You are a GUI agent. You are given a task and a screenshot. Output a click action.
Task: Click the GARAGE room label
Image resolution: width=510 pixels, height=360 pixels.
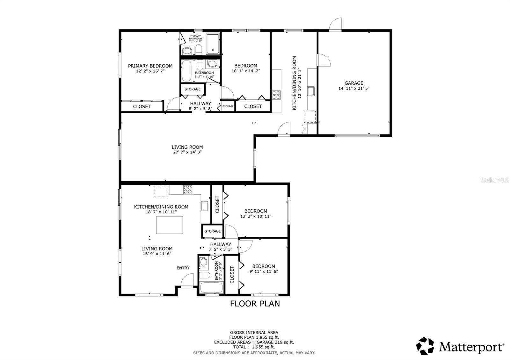click(353, 83)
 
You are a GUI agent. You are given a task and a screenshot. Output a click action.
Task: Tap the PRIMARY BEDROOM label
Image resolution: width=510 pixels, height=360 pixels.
click(150, 66)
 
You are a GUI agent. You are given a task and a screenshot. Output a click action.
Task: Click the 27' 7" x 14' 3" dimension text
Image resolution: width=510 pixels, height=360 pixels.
click(187, 152)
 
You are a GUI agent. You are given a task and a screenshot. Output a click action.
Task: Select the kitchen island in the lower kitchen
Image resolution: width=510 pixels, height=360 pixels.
click(170, 225)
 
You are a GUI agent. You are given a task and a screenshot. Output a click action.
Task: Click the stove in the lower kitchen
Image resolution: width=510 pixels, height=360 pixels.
click(188, 190)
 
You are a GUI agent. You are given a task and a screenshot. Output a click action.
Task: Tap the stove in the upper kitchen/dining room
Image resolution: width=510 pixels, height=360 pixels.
click(276, 95)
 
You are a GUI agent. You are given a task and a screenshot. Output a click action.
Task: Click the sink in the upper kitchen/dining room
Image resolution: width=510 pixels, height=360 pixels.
click(311, 91)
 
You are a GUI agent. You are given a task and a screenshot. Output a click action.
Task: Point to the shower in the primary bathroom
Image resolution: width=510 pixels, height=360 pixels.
click(213, 44)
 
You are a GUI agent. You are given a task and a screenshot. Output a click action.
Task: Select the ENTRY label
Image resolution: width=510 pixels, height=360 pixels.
click(183, 268)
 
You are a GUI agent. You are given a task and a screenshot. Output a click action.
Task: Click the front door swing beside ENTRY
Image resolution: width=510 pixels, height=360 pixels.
click(187, 281)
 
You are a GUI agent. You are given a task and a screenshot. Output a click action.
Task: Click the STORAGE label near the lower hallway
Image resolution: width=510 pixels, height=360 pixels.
click(213, 231)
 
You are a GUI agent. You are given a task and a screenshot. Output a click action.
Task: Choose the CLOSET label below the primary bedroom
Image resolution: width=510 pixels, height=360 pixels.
click(142, 106)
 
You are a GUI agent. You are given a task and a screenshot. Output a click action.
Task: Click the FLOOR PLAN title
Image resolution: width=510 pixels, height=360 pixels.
click(255, 304)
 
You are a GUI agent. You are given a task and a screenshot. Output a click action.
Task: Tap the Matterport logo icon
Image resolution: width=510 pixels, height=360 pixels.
click(425, 346)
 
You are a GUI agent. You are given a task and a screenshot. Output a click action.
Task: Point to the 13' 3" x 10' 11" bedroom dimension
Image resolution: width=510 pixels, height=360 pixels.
click(256, 216)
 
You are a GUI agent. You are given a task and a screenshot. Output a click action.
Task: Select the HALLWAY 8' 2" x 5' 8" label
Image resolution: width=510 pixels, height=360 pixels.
click(200, 106)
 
